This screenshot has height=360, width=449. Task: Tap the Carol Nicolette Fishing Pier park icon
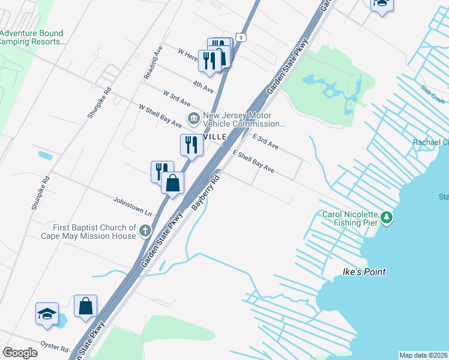coord(387,217)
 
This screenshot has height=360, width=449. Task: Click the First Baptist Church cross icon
coord(145,230)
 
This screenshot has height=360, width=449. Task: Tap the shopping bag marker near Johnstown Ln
coord(173,183)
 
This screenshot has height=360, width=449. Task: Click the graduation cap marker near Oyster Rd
coord(47,314)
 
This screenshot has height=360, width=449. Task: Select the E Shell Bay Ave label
coord(253,162)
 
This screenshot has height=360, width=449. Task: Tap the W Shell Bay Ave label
coord(160,116)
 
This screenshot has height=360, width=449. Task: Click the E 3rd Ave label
coord(265,142)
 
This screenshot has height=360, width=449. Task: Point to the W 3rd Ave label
coord(176,98)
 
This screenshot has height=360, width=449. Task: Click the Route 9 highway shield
coord(240,37)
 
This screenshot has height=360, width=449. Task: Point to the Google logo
coord(20,353)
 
